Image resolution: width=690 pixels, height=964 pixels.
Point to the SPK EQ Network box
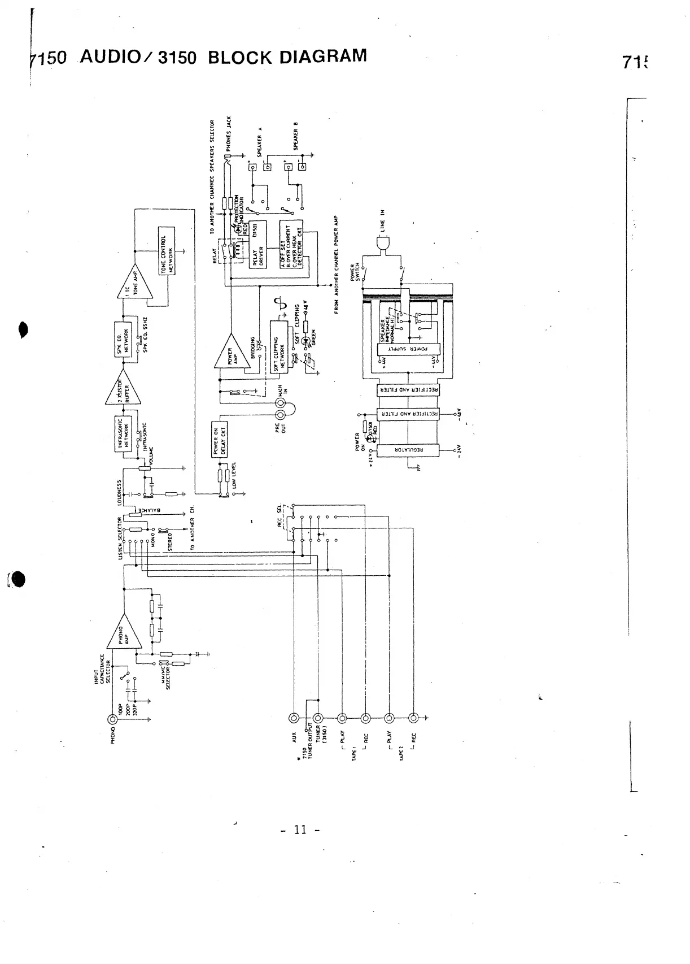[124, 340]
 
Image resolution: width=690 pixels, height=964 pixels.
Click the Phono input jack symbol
[113, 719]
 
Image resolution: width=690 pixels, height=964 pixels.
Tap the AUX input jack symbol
[294, 718]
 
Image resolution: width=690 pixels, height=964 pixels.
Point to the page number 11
[300, 830]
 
